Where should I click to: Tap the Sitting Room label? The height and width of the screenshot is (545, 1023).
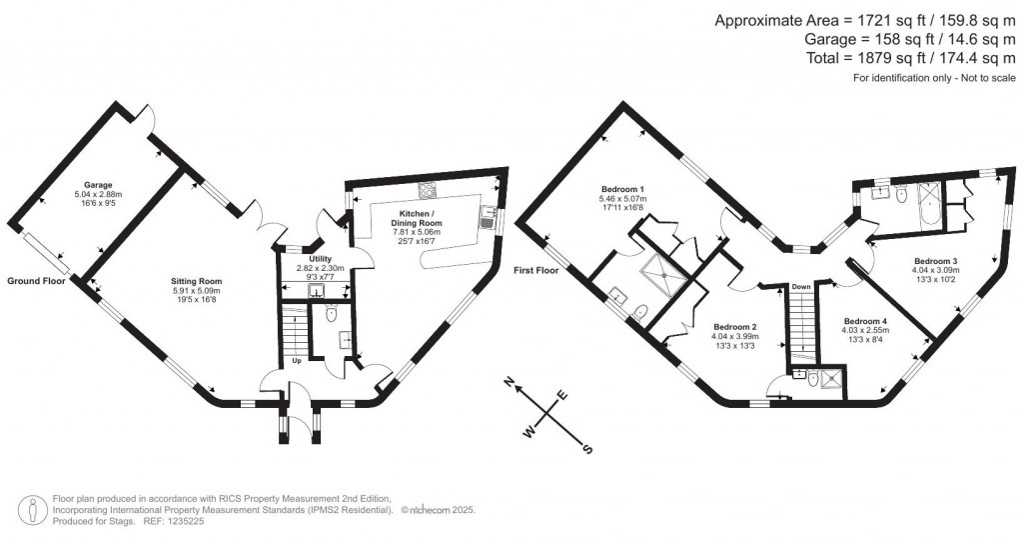point(196,281)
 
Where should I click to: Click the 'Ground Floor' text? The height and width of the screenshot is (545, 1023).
point(36,282)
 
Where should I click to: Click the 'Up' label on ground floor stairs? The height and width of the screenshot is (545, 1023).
point(297,360)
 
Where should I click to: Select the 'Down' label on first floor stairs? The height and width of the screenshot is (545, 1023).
point(800,287)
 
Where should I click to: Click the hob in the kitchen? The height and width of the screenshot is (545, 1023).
point(430,192)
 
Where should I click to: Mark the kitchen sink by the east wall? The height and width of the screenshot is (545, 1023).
point(489,212)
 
